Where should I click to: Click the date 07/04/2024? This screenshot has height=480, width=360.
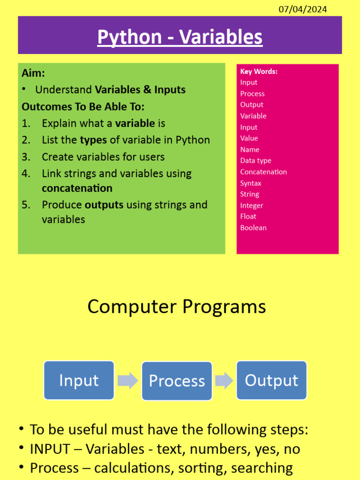302,9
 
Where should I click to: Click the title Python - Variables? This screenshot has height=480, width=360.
180,37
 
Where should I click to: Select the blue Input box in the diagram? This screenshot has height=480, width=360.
79,380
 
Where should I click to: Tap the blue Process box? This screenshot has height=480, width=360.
177,381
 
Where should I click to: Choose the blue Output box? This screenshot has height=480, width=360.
271,380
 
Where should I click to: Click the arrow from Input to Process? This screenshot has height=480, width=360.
127,381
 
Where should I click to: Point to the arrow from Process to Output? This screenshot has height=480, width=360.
224,381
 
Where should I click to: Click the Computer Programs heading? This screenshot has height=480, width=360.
177,307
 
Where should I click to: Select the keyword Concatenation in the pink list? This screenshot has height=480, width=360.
263,172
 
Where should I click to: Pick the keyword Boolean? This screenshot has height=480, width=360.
254,228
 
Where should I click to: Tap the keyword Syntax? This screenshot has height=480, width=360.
251,183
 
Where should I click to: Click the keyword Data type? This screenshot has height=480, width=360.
255,161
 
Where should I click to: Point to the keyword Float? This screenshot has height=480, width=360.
248,217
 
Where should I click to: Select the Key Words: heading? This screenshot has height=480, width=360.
259,71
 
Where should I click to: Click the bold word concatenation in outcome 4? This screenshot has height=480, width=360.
77,188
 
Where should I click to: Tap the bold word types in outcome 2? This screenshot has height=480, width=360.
93,140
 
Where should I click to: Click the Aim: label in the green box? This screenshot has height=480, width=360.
33,73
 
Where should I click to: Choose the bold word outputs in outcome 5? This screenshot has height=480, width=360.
104,205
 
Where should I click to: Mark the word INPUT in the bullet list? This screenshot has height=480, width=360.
50,449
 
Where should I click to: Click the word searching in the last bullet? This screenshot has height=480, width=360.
262,468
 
